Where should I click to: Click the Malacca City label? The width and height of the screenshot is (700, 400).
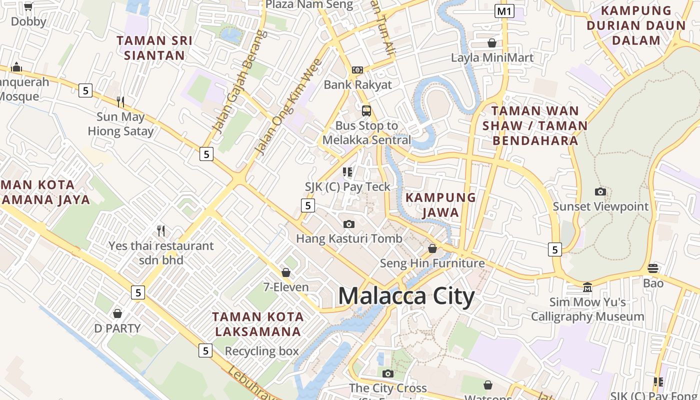406,296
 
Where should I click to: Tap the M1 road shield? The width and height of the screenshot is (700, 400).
504,11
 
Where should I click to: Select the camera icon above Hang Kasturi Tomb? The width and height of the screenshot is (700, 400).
349,224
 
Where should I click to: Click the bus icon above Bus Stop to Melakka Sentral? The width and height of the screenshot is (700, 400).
366,110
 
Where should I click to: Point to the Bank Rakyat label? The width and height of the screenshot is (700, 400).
357,84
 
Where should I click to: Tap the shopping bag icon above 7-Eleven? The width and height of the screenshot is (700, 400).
286,272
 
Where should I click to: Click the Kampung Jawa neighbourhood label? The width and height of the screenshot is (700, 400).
440,205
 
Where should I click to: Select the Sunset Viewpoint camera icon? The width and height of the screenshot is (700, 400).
600,191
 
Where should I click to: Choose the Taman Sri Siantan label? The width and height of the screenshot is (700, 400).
154,47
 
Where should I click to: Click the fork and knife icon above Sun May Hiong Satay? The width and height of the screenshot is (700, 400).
120,102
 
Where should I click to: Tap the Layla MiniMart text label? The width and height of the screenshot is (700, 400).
492,57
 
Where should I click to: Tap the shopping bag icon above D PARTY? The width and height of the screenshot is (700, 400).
117,313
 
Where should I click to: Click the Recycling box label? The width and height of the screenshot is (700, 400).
261,351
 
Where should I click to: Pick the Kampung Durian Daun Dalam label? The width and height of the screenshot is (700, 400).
636,25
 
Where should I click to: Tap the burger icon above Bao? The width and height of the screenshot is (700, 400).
653,268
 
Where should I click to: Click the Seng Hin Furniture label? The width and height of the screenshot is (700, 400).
432,263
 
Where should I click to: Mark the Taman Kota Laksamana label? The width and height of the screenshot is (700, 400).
257,324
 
